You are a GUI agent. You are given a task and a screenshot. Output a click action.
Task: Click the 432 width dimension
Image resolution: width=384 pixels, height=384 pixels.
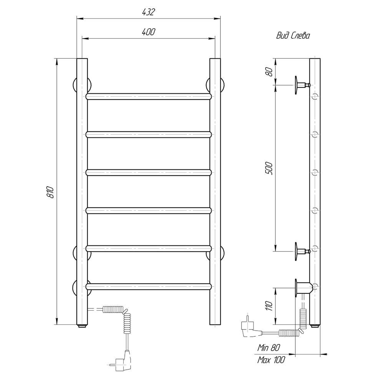click(148, 12)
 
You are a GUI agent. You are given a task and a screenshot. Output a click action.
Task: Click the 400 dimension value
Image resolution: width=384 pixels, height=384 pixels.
click(148, 32)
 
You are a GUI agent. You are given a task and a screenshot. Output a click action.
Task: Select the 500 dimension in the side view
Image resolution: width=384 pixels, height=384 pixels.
click(269, 168)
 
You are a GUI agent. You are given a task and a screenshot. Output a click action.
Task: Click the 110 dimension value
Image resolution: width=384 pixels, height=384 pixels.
click(269, 306)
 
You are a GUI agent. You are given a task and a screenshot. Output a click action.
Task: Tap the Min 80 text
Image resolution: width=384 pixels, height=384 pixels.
click(269, 348)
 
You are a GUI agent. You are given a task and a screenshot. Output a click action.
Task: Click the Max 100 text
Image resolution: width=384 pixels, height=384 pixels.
click(271, 360)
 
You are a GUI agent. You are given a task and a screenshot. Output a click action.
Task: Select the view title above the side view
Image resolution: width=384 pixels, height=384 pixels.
click(293, 36)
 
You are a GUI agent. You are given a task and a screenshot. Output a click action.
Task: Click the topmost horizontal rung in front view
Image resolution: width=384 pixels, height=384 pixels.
click(149, 96)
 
